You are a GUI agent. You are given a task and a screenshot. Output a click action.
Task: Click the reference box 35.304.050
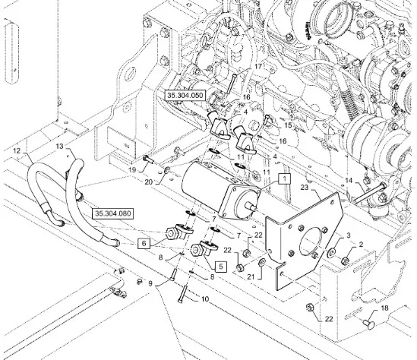click(x=185, y=95)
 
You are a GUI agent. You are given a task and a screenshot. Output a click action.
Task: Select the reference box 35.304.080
click(x=112, y=213)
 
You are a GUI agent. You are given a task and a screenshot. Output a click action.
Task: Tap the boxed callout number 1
click(x=285, y=178)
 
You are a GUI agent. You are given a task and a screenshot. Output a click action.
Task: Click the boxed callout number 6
click(x=144, y=243)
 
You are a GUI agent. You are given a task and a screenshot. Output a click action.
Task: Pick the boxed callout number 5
click(x=221, y=266)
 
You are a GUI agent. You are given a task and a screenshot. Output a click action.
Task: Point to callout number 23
click(x=305, y=188)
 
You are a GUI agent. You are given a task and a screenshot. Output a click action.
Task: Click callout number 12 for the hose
click(x=17, y=150)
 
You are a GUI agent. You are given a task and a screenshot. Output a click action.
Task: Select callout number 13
click(x=60, y=147)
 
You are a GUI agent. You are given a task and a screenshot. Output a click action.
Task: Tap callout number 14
click(x=349, y=181)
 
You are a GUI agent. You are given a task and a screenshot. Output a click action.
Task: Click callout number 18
click(x=385, y=308)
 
